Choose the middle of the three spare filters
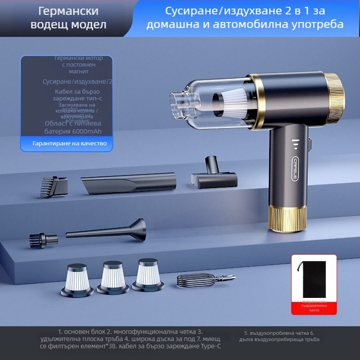pos(113,277)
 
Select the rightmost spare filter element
pos(148,274)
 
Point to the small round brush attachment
pos(43,239)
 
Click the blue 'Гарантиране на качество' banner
pos(67,144)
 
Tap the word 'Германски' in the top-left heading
pos(68,10)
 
